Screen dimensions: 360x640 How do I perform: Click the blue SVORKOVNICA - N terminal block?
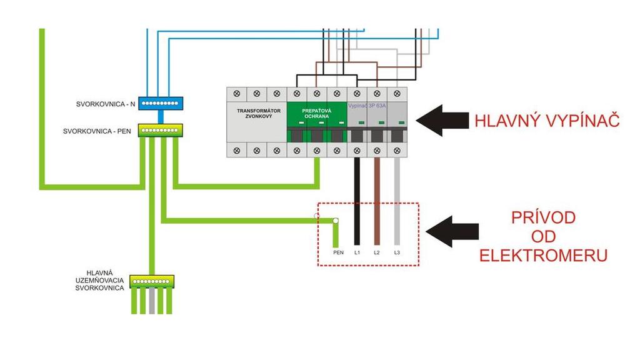point(160,103)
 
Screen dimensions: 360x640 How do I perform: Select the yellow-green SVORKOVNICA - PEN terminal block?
point(160,131)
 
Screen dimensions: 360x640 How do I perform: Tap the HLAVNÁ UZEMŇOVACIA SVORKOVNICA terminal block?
point(152,281)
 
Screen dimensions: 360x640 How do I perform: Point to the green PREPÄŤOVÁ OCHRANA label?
point(317,113)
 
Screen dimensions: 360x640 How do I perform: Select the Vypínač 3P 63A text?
point(367,106)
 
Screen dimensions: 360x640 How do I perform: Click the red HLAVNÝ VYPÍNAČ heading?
point(547,121)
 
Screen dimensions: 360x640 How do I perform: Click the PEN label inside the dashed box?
point(338,252)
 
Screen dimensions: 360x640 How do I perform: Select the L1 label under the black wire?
point(357,252)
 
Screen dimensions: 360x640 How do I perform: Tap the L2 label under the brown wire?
point(376,252)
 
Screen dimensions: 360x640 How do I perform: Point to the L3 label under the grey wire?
point(396,252)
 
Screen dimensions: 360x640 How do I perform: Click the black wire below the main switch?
point(357,200)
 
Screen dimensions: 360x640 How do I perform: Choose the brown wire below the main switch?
point(376,200)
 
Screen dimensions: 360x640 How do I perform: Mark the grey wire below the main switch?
point(396,200)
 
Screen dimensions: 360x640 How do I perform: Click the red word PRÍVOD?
point(543,218)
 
